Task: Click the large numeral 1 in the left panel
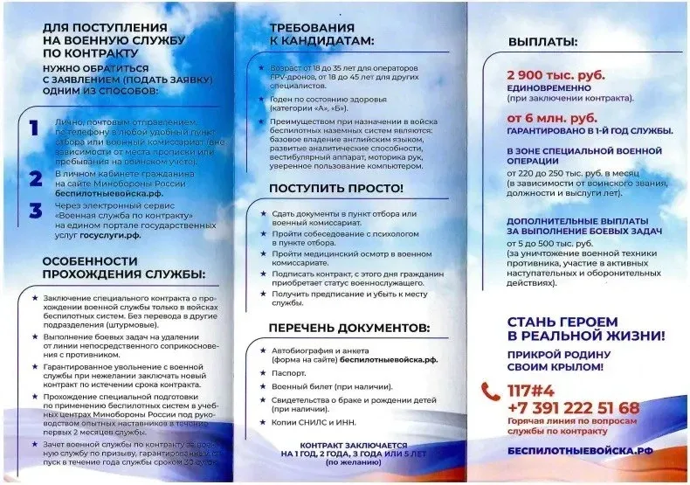34,128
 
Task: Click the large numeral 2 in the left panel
36,178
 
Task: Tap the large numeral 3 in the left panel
36,211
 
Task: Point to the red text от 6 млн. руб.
541,116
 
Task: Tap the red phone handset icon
491,391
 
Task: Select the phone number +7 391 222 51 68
572,408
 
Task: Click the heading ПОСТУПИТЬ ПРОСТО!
335,188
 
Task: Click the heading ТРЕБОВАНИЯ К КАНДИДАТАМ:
321,34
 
